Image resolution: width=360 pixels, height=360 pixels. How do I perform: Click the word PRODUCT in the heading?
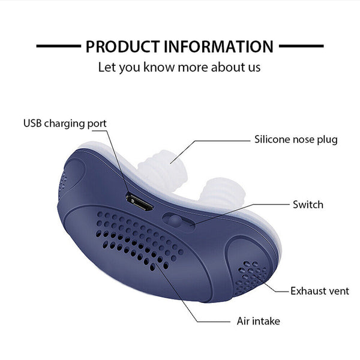(121, 46)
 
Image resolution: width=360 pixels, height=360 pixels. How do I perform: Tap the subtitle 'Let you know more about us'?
(179, 66)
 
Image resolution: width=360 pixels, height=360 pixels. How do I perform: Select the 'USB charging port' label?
(65, 124)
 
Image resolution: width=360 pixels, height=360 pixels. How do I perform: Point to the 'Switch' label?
(308, 205)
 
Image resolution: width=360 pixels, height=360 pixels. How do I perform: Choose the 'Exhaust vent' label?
(319, 291)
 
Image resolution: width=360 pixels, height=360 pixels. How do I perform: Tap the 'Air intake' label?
(257, 321)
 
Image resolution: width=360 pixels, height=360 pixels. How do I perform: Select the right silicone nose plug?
(218, 193)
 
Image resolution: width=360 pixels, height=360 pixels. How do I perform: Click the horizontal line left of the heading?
(58, 46)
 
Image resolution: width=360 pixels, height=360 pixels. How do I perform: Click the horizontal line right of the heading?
(302, 46)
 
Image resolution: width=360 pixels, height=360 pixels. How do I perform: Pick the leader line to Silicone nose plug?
(216, 140)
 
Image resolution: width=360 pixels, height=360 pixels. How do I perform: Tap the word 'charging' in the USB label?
(68, 124)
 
